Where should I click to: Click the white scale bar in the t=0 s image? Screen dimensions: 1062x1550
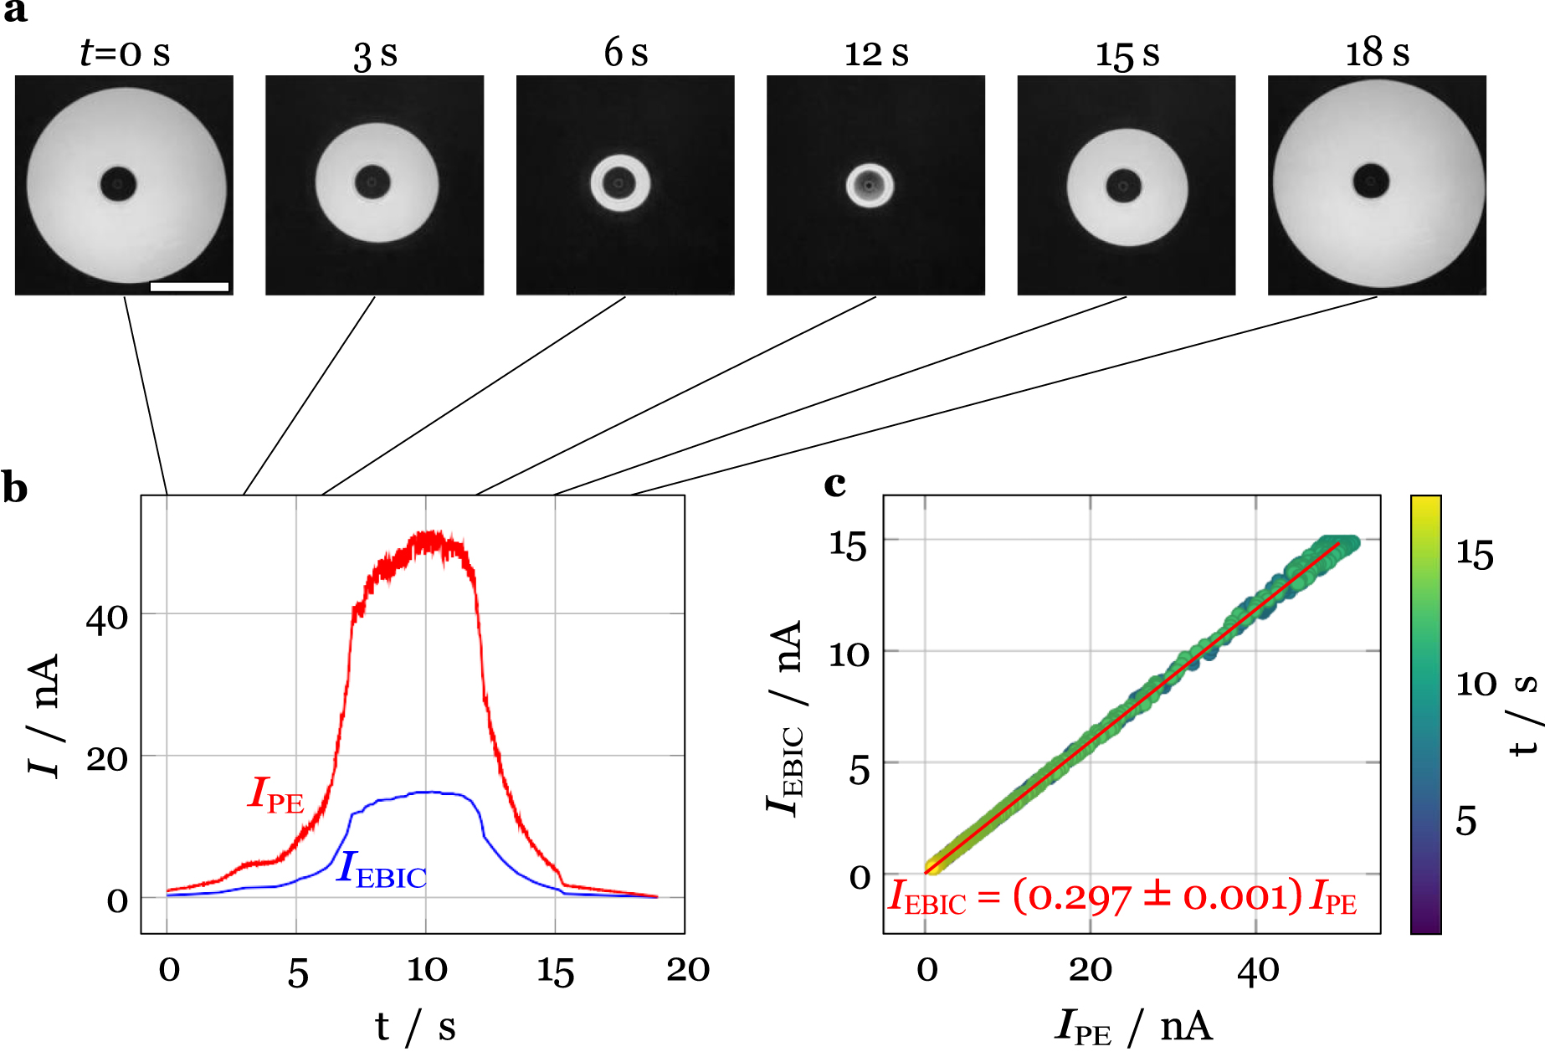click(x=189, y=286)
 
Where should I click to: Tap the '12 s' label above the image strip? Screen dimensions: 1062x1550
click(x=875, y=54)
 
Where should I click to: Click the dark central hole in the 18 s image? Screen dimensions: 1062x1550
click(x=1371, y=181)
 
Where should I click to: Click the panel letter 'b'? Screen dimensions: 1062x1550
click(x=14, y=488)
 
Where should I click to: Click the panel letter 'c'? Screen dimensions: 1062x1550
click(x=834, y=484)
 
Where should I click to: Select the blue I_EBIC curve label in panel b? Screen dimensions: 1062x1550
click(x=382, y=870)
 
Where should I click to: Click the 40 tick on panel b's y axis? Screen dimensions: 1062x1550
click(x=107, y=619)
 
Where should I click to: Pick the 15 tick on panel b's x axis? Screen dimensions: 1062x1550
click(x=555, y=972)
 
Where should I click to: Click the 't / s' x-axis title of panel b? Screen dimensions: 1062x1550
click(x=415, y=1027)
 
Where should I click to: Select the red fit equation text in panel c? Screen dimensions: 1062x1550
click(x=1121, y=897)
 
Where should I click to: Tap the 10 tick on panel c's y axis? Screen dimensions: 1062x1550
click(x=849, y=654)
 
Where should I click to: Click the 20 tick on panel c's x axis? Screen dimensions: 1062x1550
click(x=1090, y=970)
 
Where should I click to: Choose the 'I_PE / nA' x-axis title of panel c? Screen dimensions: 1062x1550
click(x=1133, y=1027)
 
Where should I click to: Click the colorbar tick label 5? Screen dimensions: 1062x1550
click(x=1466, y=821)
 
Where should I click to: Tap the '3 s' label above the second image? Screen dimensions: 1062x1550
click(x=375, y=55)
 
